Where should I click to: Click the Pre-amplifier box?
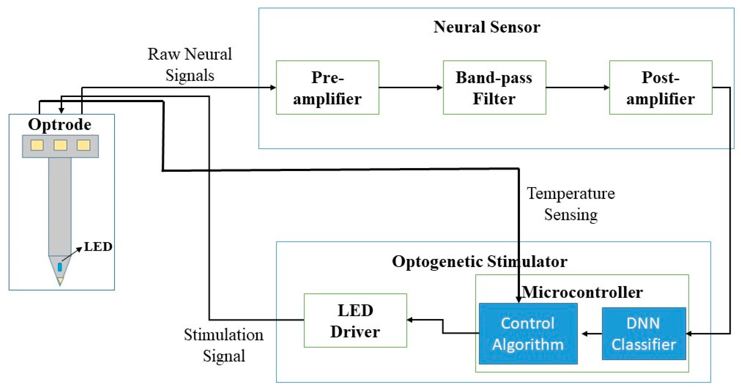point(327,88)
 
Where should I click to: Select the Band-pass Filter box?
point(494,88)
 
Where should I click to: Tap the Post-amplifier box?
point(661,88)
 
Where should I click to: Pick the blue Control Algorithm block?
point(528,334)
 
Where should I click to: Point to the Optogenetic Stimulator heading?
point(479,261)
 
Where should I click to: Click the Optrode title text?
point(59,124)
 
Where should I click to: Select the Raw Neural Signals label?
point(189,65)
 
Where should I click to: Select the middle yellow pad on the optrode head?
point(60,145)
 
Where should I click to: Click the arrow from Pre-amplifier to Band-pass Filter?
point(411,88)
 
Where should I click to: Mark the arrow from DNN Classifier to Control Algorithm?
point(592,334)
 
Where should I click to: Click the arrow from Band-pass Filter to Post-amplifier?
point(577,88)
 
